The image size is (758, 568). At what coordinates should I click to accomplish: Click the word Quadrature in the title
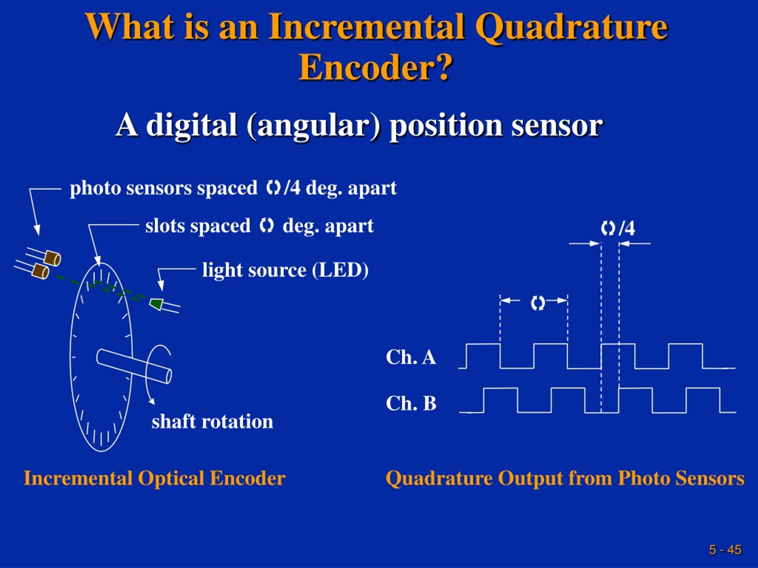click(x=571, y=28)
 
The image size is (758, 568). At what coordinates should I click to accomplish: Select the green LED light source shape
click(x=156, y=303)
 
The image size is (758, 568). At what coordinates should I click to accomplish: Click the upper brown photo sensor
click(x=53, y=258)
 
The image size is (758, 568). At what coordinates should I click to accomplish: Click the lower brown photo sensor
click(x=41, y=272)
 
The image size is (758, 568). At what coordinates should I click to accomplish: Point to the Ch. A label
click(x=410, y=357)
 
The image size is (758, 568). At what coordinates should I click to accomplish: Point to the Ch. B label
click(x=410, y=403)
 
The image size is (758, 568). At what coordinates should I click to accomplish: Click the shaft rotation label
click(x=212, y=422)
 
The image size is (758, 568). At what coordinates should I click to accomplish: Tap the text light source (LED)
click(x=285, y=270)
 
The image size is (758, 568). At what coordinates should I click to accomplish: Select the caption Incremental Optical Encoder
click(x=154, y=478)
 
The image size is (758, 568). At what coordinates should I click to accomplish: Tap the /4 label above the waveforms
click(x=627, y=228)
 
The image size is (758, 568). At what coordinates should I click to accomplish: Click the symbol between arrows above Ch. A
click(x=537, y=303)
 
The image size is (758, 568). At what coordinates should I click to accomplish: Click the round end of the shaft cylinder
click(x=168, y=376)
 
